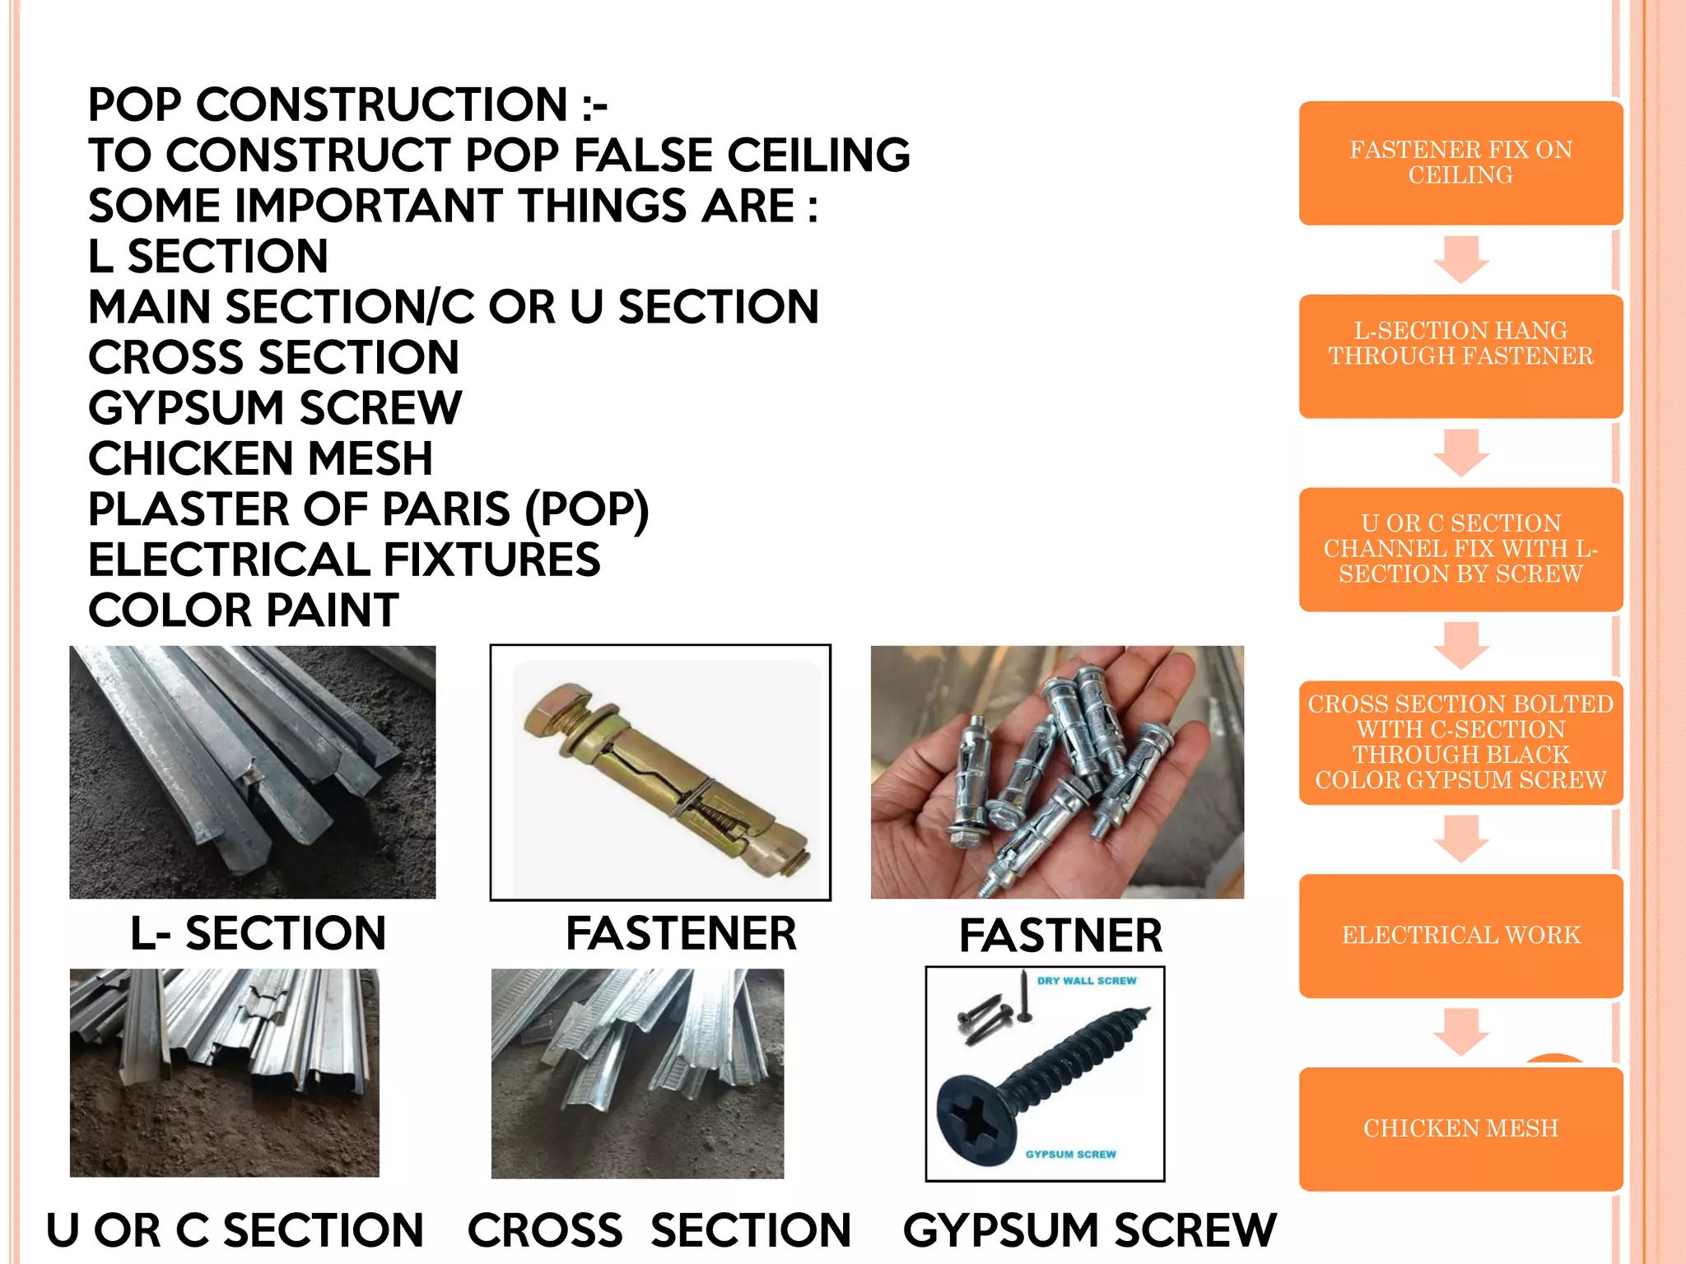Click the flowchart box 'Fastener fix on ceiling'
[1460, 163]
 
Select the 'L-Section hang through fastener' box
[1460, 355]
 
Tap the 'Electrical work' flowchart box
[1460, 936]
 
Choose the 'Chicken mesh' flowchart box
[1460, 1128]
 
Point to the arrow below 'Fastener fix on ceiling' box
[1460, 259]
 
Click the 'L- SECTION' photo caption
[258, 933]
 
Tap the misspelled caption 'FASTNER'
[1060, 936]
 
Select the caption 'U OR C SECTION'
[235, 1230]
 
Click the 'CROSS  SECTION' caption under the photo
[659, 1230]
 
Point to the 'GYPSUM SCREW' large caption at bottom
[1089, 1230]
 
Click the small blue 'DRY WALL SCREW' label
[1086, 981]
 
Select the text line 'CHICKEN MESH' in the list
[260, 458]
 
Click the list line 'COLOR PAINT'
[244, 611]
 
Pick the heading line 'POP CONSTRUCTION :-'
[347, 105]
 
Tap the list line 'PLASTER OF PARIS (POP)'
[368, 509]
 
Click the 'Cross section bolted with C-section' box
[1460, 742]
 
